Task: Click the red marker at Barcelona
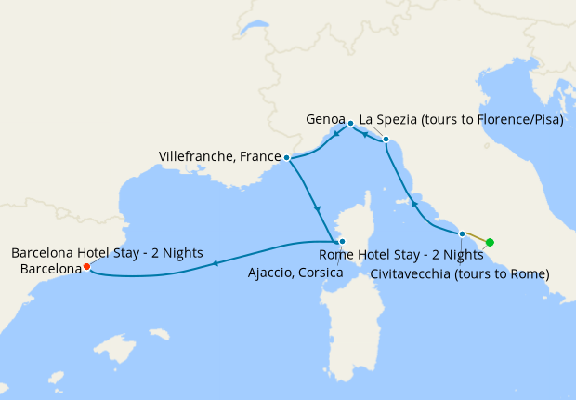tap(86, 266)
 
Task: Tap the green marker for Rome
tap(490, 244)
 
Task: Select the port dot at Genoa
tap(350, 123)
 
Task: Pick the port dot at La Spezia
tap(386, 140)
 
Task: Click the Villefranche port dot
tap(286, 158)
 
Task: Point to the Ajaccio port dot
tap(341, 241)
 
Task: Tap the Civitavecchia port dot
tap(462, 233)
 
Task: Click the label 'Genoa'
tap(325, 120)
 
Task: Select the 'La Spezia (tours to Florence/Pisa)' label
tap(462, 120)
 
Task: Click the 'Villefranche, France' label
tap(220, 156)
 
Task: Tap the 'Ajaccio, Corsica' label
tap(295, 273)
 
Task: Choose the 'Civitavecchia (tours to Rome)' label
tap(460, 273)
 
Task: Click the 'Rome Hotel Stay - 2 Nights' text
tap(401, 254)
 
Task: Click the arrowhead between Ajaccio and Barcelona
tap(216, 263)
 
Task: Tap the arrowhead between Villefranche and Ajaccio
tap(318, 207)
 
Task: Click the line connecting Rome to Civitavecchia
tap(476, 238)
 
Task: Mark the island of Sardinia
tap(348, 326)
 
